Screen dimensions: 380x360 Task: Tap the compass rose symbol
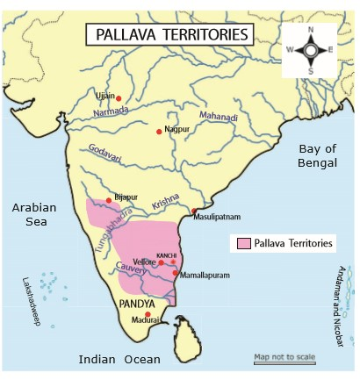tap(309, 49)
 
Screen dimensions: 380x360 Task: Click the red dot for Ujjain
tap(119, 97)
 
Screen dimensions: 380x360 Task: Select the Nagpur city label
tap(177, 129)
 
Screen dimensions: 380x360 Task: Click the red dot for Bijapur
tap(109, 201)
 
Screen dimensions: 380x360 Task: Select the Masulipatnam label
tap(216, 216)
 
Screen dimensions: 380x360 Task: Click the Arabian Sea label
tap(33, 216)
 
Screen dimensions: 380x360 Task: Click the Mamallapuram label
tap(205, 274)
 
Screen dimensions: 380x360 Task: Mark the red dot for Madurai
tap(148, 314)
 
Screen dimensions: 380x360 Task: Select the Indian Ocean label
tap(119, 360)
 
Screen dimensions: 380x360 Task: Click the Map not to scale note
tap(284, 357)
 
